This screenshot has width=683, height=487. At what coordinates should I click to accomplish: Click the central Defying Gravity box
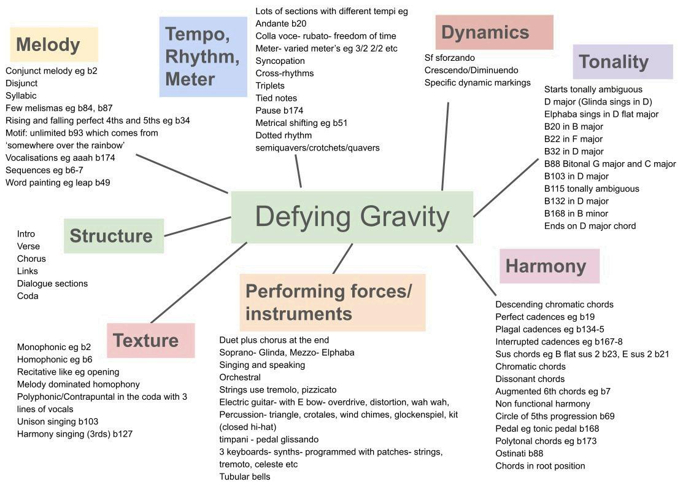click(352, 217)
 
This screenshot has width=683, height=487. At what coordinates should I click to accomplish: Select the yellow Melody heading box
click(54, 44)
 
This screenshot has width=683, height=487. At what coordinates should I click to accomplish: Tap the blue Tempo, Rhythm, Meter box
click(203, 56)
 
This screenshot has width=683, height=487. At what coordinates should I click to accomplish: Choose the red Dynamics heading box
click(494, 32)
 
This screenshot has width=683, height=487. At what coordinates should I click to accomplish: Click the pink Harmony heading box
click(549, 266)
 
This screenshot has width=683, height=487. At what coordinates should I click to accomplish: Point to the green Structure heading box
click(114, 236)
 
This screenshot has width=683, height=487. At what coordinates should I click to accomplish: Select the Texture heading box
click(150, 340)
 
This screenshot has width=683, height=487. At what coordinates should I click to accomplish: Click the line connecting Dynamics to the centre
click(446, 146)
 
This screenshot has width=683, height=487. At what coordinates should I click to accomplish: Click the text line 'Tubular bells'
click(244, 477)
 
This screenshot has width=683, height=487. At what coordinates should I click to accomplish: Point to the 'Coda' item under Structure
click(28, 296)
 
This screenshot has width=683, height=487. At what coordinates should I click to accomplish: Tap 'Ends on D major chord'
click(590, 226)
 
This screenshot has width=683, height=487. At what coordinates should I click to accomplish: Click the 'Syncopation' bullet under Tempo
click(280, 61)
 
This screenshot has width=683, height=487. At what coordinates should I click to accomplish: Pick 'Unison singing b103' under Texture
click(57, 421)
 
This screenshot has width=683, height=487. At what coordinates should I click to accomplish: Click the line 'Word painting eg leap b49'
click(58, 182)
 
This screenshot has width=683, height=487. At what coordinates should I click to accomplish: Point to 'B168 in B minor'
click(576, 214)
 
